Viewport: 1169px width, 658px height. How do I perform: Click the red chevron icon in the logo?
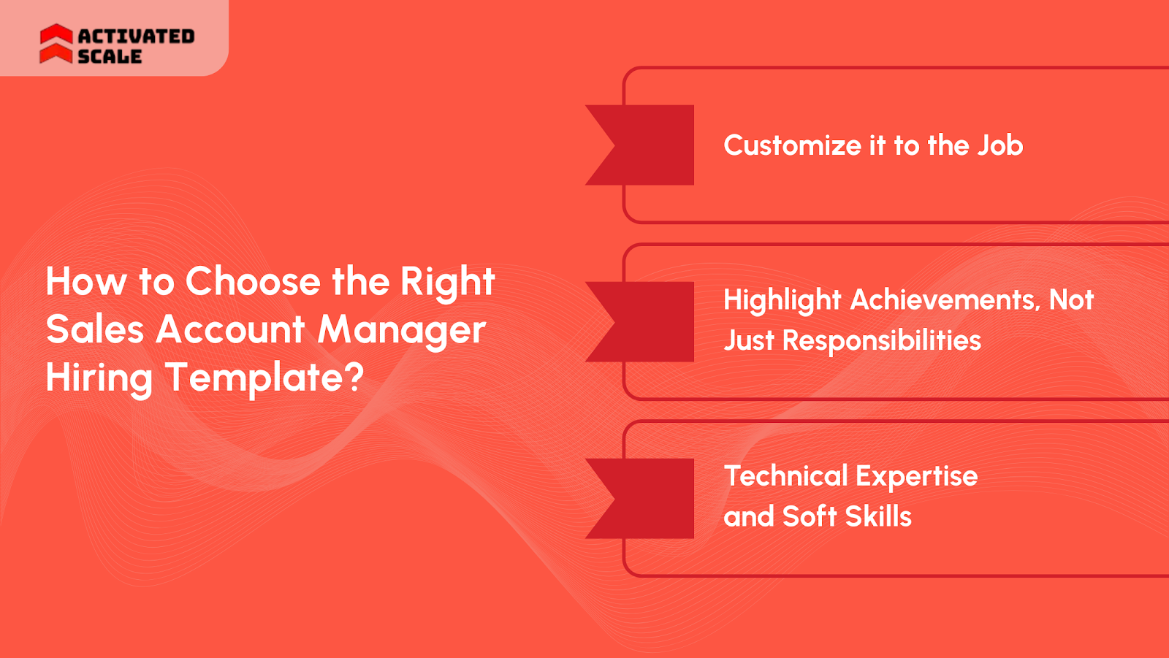click(x=56, y=44)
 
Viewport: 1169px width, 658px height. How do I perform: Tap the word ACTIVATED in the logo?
click(x=136, y=36)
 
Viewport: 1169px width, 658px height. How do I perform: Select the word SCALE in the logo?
click(x=110, y=56)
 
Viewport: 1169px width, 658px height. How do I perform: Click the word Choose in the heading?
click(x=253, y=282)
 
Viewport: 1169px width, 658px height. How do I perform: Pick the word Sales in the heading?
click(x=95, y=330)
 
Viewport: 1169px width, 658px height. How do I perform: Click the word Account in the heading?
click(x=230, y=330)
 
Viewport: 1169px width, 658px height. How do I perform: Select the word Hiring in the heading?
click(x=99, y=379)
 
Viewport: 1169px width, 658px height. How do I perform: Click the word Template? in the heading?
click(x=264, y=379)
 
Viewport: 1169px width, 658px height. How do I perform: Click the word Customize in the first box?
click(x=792, y=146)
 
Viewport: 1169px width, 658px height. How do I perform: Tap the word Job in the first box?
click(x=1000, y=145)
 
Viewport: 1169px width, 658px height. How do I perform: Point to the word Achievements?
click(x=945, y=300)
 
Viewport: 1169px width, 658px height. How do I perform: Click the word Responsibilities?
click(x=881, y=341)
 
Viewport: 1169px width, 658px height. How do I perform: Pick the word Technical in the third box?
click(x=785, y=476)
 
